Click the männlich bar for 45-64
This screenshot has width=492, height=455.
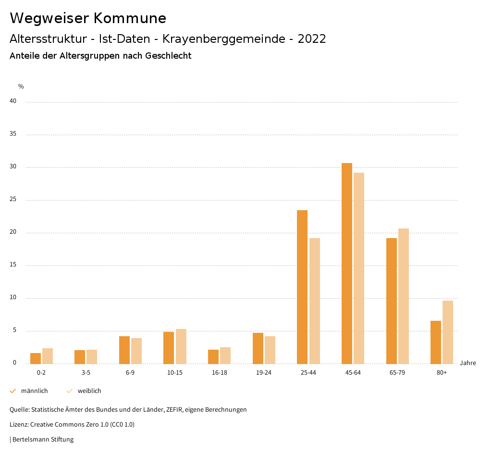click(347, 263)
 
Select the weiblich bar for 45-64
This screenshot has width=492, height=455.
click(359, 268)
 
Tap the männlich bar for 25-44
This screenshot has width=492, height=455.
click(302, 287)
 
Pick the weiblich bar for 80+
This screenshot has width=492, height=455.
click(448, 332)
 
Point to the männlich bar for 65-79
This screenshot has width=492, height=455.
click(392, 301)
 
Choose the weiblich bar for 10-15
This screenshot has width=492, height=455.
click(181, 346)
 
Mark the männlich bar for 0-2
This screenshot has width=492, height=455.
click(36, 358)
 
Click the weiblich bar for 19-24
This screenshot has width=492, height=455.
click(270, 350)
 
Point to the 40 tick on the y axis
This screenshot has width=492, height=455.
click(13, 101)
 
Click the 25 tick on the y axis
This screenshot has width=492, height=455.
click(13, 200)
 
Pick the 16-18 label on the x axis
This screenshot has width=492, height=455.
click(220, 373)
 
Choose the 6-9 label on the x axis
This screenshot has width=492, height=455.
click(130, 373)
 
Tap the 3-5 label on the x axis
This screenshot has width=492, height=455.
click(86, 373)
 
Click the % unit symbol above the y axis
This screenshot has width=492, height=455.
click(21, 87)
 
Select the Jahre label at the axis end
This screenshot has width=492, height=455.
click(468, 363)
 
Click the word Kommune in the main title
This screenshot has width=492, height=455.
click(130, 18)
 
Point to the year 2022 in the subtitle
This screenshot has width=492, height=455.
click(312, 39)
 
